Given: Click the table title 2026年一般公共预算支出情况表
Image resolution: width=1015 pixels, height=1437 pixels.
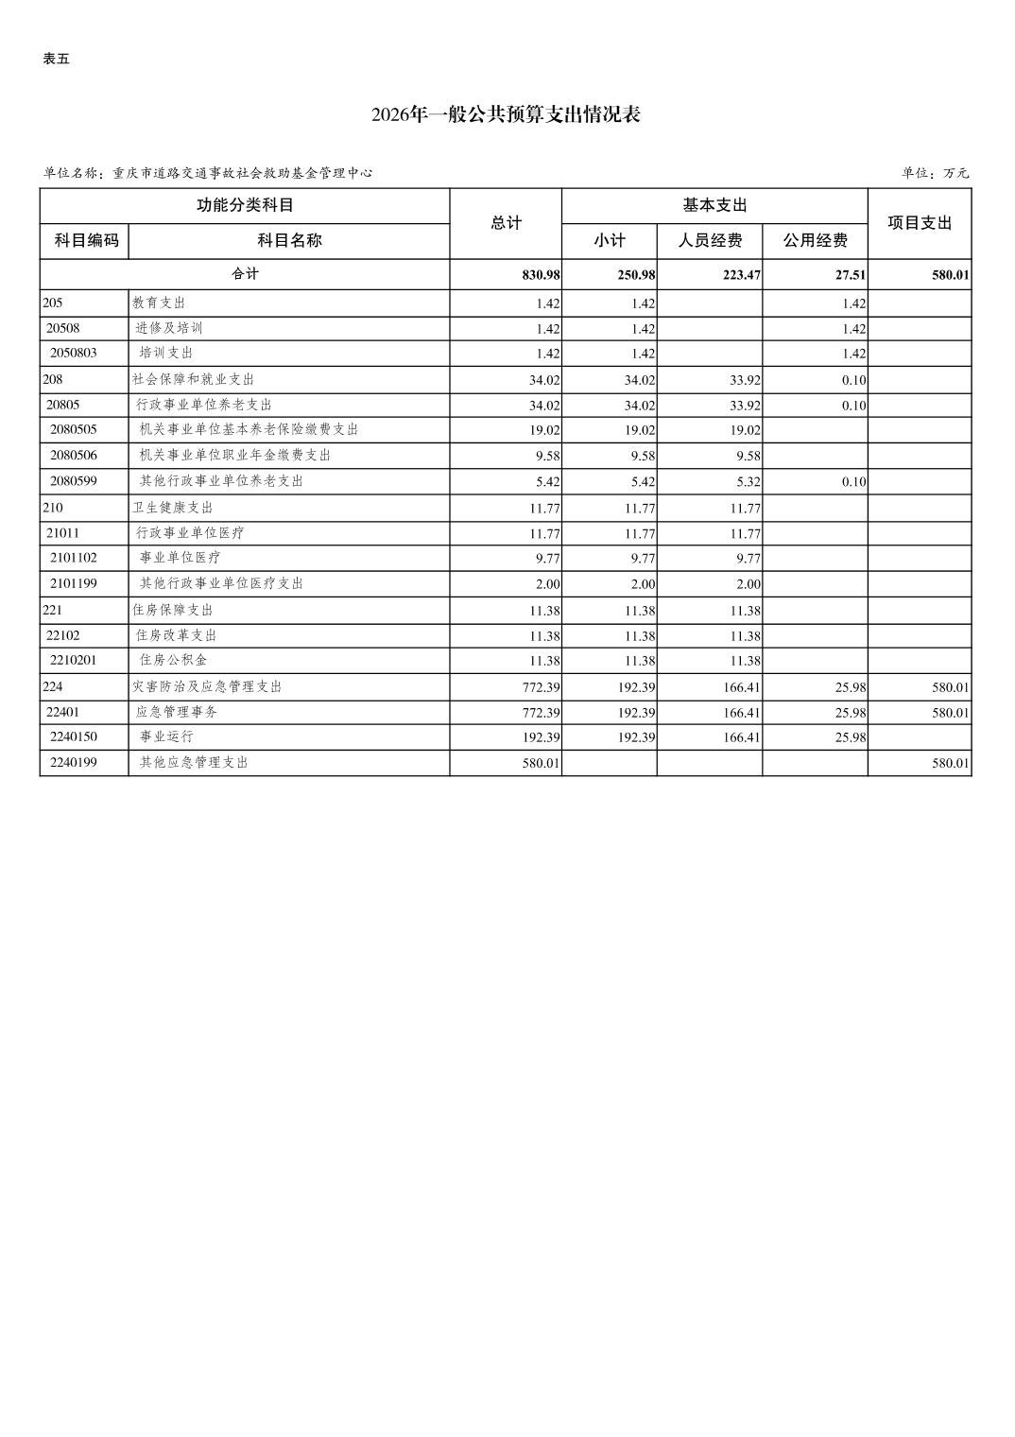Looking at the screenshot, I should (506, 115).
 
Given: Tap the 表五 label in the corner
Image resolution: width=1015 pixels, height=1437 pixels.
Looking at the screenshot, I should (57, 59).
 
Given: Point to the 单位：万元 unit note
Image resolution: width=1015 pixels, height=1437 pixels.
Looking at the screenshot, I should (935, 173).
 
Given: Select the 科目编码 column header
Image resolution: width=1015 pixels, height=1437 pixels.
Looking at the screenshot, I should (86, 241).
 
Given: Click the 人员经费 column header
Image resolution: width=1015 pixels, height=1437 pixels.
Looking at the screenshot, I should (710, 241).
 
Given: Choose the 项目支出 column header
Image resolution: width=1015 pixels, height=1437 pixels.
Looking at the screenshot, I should (920, 223).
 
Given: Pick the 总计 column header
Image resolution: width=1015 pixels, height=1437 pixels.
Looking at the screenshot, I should (507, 223).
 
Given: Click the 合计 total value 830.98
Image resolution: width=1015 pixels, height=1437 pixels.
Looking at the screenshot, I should (541, 275).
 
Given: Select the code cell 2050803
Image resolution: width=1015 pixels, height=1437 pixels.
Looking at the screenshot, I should (74, 353).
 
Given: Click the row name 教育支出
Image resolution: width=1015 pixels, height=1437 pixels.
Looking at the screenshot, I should (159, 303).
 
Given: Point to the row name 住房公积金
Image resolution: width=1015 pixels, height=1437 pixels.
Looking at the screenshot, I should (173, 660).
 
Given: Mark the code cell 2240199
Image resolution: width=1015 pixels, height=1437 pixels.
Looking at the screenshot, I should (74, 762).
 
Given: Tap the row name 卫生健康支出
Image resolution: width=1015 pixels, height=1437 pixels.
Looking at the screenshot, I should (172, 508).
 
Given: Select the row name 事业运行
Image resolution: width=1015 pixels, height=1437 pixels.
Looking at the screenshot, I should (166, 736).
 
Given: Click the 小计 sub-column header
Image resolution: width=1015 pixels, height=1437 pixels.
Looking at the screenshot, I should (610, 241).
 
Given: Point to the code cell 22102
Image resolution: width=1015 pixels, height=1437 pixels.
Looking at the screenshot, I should (63, 635).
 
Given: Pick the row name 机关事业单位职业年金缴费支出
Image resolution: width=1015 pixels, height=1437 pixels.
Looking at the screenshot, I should (234, 455).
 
